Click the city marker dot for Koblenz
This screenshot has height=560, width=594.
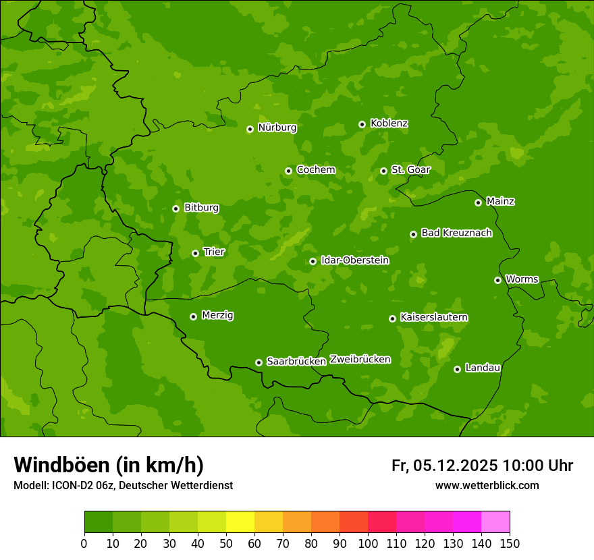pos(362,124)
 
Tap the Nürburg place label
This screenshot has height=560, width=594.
pos(277,128)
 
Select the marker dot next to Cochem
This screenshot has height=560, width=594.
pos(288,171)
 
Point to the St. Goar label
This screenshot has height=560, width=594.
pos(410,169)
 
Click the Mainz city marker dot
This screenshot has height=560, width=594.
pos(478,202)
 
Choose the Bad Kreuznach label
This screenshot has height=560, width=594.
pos(456,233)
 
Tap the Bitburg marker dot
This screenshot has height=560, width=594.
pos(175,208)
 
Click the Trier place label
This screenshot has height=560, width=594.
pos(214,252)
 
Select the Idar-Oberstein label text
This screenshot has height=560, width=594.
pos(354,260)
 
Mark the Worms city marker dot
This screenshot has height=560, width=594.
pos(497,280)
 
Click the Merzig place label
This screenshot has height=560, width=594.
pos(217,315)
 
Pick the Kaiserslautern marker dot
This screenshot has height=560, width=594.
pos(392,318)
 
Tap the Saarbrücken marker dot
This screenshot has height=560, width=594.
pos(259,362)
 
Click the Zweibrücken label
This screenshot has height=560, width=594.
pos(360,359)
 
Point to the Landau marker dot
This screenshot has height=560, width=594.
pos(457,369)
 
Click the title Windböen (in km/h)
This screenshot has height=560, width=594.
pos(108,465)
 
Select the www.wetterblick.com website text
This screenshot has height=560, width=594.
pos(487,485)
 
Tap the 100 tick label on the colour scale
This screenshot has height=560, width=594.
pos(368,543)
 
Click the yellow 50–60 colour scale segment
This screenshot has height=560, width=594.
pos(240,522)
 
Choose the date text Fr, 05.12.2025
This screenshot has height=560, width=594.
pos(444,466)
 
